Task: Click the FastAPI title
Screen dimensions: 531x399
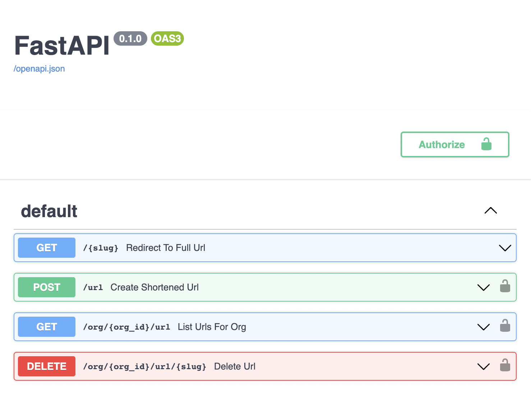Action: click(x=62, y=46)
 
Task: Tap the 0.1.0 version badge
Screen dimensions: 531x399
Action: click(x=130, y=38)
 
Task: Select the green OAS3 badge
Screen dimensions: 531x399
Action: click(x=167, y=38)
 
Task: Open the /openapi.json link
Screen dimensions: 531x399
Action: click(x=39, y=69)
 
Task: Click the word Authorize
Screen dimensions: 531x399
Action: click(x=442, y=145)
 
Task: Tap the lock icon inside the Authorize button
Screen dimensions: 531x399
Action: click(x=486, y=144)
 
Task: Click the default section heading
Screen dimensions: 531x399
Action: click(x=49, y=211)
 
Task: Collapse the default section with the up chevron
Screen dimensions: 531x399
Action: click(x=491, y=211)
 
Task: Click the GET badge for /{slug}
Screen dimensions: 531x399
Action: click(x=47, y=248)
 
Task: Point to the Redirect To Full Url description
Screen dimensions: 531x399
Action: click(x=166, y=248)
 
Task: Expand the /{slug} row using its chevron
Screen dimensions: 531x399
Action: click(x=505, y=248)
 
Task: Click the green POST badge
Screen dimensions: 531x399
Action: click(x=47, y=287)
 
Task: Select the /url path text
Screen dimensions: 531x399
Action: click(x=93, y=288)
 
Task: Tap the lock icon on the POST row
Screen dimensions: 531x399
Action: click(x=505, y=286)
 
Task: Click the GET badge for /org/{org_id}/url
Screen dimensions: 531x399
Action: click(x=47, y=327)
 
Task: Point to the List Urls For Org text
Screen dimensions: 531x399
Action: click(x=212, y=327)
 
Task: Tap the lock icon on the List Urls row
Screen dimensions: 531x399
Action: click(x=505, y=325)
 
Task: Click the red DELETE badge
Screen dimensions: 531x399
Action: click(x=47, y=366)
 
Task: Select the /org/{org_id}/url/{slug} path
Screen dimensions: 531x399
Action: click(x=145, y=367)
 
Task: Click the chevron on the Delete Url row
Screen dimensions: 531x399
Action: click(x=484, y=367)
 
